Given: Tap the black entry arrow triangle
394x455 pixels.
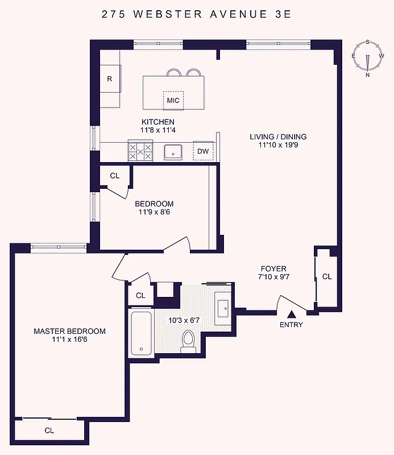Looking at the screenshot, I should [291, 314].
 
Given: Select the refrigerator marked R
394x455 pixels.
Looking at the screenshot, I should [110, 79].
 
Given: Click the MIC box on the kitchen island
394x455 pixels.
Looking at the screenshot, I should [173, 101].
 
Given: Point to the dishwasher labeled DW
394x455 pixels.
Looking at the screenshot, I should [202, 151].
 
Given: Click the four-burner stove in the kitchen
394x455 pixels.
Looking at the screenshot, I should [140, 151].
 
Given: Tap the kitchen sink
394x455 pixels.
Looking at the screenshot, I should [172, 151].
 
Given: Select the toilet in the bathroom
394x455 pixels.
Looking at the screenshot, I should [188, 341].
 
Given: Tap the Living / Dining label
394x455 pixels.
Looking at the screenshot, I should [278, 136].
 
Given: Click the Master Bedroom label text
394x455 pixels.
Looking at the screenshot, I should [69, 331].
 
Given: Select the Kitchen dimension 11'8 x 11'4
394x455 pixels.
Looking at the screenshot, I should [158, 130].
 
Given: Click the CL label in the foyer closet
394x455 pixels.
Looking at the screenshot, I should [326, 277].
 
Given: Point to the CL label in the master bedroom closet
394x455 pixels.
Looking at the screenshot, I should [49, 431].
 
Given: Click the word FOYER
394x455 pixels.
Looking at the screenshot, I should [273, 268].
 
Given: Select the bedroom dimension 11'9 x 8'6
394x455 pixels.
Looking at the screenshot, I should [154, 212].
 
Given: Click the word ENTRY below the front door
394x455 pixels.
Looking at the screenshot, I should [291, 325].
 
